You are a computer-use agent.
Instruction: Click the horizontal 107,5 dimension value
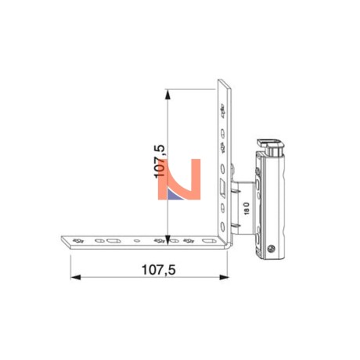[158, 270]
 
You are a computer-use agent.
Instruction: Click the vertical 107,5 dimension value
[160, 161]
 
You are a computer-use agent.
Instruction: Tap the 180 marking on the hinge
[247, 208]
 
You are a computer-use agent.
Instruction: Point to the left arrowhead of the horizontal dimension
[75, 277]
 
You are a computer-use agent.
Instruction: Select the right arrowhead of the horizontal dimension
[224, 277]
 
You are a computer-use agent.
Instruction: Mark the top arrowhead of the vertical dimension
[167, 94]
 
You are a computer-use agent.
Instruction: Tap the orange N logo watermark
[179, 179]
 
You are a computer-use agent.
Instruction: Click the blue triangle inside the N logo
[174, 195]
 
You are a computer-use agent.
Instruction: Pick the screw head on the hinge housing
[271, 248]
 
